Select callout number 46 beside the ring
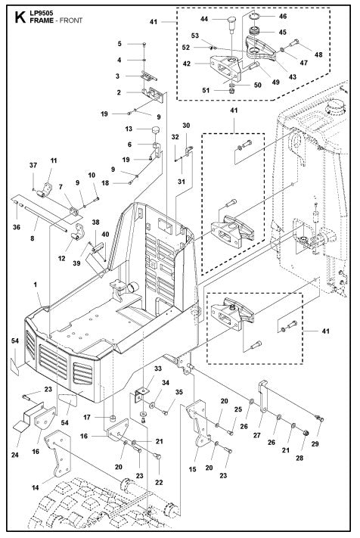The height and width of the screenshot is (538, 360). [284, 15]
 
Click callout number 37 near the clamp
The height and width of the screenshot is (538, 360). [33, 166]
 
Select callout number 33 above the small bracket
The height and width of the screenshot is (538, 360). [136, 368]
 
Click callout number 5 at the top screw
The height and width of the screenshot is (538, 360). [119, 44]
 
